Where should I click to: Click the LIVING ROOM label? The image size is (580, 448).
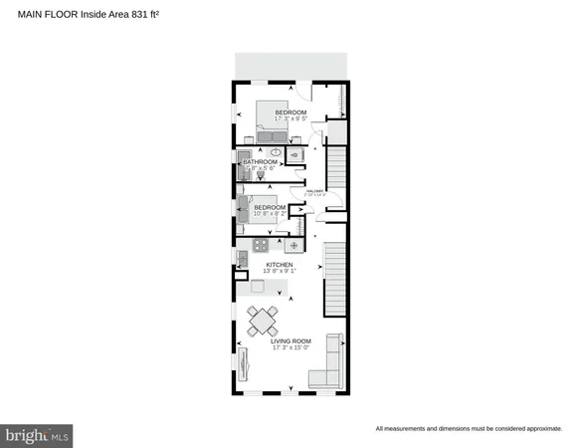tap(292, 339)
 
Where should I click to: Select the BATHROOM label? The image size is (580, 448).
tap(260, 161)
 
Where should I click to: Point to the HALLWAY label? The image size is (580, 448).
tap(317, 192)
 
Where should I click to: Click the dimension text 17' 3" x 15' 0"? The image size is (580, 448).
tap(292, 347)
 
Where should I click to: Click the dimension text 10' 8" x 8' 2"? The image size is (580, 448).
tap(270, 213)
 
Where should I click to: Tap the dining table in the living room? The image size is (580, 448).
tap(264, 321)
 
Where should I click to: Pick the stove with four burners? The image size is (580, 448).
tap(261, 245)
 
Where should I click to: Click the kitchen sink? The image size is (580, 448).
tap(242, 259)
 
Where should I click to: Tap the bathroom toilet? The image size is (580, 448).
tap(261, 174)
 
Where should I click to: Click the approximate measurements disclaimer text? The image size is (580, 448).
tap(469, 429)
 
